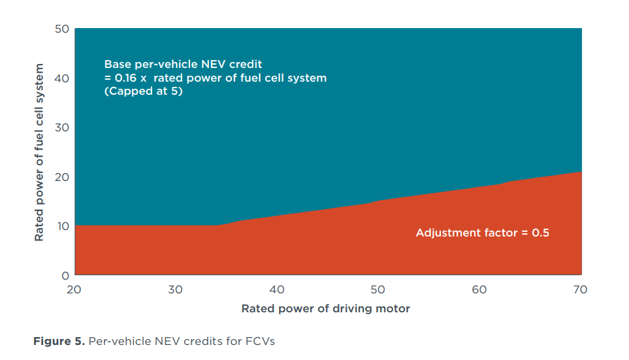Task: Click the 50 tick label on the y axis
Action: [61, 29]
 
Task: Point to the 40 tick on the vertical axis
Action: [61, 78]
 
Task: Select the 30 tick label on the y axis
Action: [61, 127]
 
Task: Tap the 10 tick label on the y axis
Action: [61, 226]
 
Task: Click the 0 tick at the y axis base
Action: [65, 275]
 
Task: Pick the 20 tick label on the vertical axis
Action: [61, 177]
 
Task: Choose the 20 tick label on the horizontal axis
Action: [74, 289]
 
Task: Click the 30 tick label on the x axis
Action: [176, 289]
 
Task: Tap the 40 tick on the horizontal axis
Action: [277, 289]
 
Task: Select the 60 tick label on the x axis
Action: [479, 289]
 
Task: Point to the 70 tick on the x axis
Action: [581, 289]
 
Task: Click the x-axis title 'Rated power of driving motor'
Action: [326, 308]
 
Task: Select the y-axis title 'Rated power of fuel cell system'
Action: [40, 152]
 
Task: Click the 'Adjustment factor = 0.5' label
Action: [482, 233]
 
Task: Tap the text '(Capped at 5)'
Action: [143, 91]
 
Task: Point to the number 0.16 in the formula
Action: [125, 78]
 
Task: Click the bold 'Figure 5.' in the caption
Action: [57, 342]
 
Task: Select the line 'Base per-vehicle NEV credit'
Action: [183, 64]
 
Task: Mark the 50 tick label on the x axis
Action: [378, 289]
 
